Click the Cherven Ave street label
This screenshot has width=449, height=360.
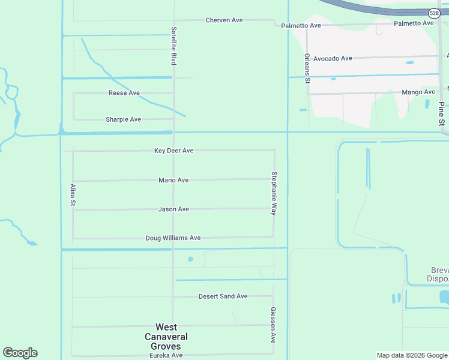[x=224, y=20]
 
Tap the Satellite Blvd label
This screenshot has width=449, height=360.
[x=173, y=46]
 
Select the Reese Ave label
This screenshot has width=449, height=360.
[x=124, y=93]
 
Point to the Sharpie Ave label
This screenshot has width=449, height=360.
[x=123, y=119]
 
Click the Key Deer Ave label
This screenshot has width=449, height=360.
[x=173, y=151]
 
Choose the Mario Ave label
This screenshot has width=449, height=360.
[x=173, y=180]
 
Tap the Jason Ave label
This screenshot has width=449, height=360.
[x=173, y=209]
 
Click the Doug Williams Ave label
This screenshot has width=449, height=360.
[x=173, y=238]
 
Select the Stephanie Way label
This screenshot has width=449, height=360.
[x=274, y=193]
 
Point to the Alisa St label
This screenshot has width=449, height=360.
[x=73, y=195]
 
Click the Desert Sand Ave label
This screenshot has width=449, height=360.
[x=223, y=296]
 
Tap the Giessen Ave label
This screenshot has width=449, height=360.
[x=273, y=325]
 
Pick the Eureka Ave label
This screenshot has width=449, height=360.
[x=166, y=356]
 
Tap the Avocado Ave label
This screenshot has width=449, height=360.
[x=333, y=59]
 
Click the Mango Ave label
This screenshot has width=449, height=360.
[x=418, y=92]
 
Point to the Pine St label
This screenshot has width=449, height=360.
[x=441, y=113]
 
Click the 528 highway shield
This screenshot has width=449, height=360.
[x=433, y=13]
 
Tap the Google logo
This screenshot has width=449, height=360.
[x=20, y=353]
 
